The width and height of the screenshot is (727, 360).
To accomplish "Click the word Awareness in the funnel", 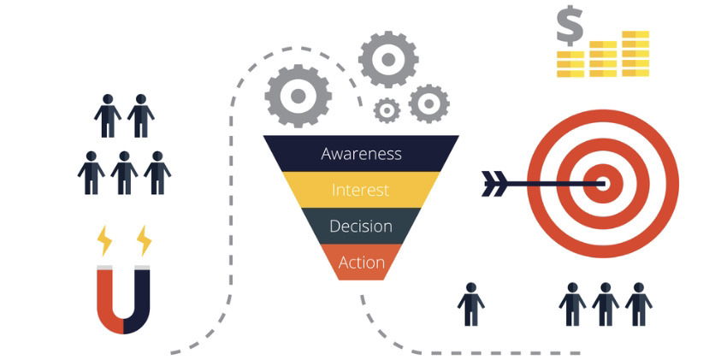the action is click(361, 154).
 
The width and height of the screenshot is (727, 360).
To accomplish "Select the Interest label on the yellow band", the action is click(360, 190).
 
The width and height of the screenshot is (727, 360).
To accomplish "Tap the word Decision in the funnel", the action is click(361, 226).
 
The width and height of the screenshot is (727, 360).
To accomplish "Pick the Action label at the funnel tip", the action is click(362, 263).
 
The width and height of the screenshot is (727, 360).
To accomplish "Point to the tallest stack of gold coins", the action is click(635, 53).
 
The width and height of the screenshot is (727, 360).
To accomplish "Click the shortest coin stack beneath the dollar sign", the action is click(570, 64).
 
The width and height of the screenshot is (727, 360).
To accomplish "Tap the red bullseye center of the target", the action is click(602, 184).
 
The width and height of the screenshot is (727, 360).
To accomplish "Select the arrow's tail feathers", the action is click(494, 184).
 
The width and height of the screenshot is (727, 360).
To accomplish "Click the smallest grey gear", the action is click(387, 110).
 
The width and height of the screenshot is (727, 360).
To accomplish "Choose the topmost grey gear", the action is click(388, 59).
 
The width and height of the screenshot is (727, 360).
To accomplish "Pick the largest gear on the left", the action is click(298, 96).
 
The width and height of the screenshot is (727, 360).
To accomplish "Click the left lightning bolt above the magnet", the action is click(103, 240).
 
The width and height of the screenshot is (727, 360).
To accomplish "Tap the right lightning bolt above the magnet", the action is click(144, 240).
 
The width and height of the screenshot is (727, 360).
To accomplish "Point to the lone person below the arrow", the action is click(471, 304).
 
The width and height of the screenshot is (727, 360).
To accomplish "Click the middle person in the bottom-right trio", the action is click(606, 304).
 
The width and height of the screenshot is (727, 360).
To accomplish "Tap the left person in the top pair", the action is click(108, 115).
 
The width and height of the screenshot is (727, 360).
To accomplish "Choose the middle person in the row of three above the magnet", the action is click(124, 173).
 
